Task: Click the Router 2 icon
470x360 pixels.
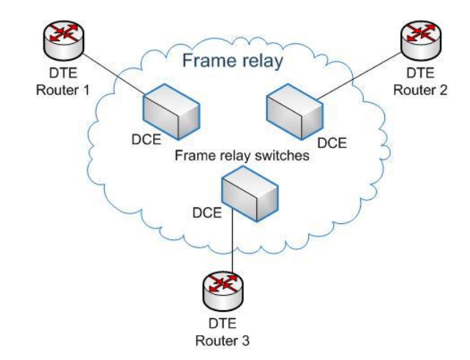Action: [420, 38]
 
